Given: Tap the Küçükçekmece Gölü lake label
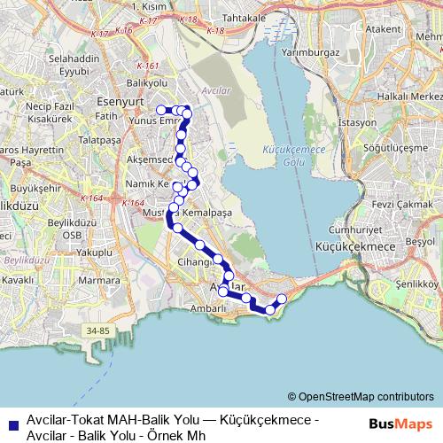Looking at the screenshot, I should [x=284, y=156].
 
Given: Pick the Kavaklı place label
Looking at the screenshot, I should [x=18, y=278].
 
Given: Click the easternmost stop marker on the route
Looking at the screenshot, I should [x=283, y=299].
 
